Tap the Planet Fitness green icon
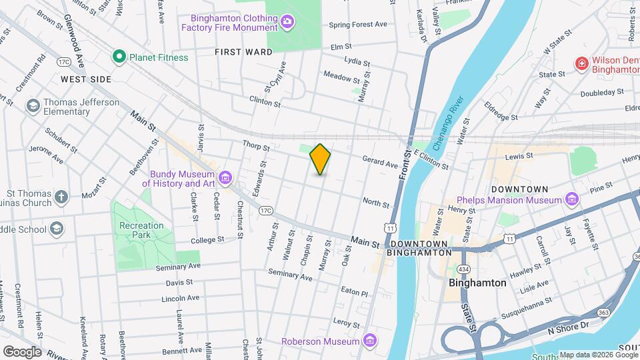(x=119, y=57)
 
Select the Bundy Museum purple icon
(x=225, y=177)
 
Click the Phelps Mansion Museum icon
(x=571, y=199)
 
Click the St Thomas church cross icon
(x=61, y=197)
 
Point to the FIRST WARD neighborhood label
(x=243, y=52)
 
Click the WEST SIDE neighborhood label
(x=86, y=79)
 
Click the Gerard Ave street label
(x=380, y=161)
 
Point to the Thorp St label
(x=256, y=146)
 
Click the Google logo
(x=22, y=351)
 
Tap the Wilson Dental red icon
(x=581, y=63)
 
